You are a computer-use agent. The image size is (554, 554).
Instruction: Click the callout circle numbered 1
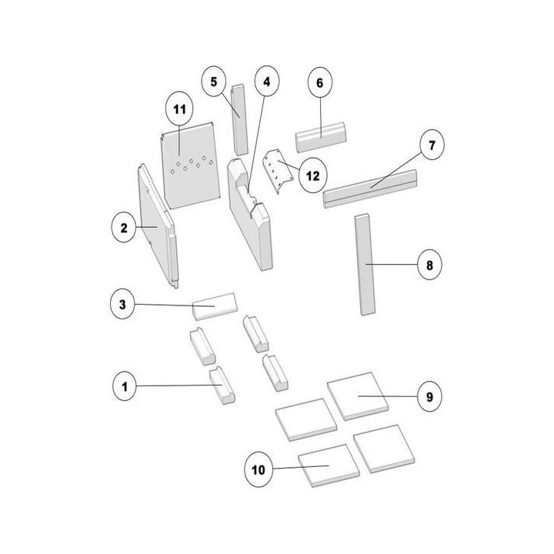point(125,386)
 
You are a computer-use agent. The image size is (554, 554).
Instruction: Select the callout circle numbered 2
point(124,228)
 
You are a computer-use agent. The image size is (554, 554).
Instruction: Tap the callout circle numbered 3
point(122,304)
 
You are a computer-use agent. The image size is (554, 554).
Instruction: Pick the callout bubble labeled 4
point(267,82)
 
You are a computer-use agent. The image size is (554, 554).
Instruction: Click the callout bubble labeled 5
point(214,82)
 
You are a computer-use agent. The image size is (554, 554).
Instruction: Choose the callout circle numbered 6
point(320,82)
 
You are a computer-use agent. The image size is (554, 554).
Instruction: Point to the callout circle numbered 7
point(432,145)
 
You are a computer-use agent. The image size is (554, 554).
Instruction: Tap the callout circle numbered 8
point(429,265)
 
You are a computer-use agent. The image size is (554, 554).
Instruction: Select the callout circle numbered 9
point(429,396)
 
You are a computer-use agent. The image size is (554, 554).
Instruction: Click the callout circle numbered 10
point(259,469)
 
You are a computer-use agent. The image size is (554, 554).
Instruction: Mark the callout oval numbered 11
point(179,109)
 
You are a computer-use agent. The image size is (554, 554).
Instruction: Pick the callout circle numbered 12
point(313,175)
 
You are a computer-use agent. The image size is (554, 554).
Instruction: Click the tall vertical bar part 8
point(365,264)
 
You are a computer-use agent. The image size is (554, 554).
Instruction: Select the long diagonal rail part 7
point(370,189)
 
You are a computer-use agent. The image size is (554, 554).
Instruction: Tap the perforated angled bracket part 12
point(278,171)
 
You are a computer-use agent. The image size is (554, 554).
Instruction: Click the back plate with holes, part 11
point(191,165)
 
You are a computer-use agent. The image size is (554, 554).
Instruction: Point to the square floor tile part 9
point(358,396)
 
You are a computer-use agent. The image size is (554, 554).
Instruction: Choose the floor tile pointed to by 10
point(329,466)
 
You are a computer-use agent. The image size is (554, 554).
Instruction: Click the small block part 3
point(215,306)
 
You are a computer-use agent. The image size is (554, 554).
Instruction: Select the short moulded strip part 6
point(320,137)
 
